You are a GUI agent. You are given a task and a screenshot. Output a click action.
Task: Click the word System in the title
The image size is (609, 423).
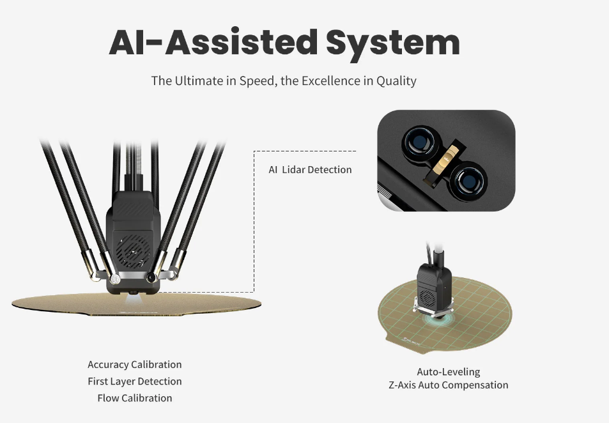point(392,44)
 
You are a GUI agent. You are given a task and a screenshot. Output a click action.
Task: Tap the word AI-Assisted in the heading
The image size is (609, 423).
point(213,42)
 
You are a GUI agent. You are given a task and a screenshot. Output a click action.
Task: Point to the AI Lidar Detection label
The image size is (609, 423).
point(310,170)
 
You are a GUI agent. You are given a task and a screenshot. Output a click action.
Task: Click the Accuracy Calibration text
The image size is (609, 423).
point(135,365)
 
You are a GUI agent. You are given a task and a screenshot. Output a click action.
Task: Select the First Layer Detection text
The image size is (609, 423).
point(135,381)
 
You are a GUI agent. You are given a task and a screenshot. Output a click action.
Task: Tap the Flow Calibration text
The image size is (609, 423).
point(135,398)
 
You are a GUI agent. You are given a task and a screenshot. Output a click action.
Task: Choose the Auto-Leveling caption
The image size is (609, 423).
point(449,372)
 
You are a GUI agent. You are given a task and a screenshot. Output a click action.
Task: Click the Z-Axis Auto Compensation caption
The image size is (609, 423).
point(449,385)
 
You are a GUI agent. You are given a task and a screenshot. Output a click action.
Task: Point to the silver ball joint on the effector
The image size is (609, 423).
point(114,279)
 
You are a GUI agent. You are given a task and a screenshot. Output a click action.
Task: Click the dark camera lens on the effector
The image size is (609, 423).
point(151,277)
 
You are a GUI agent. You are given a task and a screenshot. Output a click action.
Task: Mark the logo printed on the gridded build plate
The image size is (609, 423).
point(412,341)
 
